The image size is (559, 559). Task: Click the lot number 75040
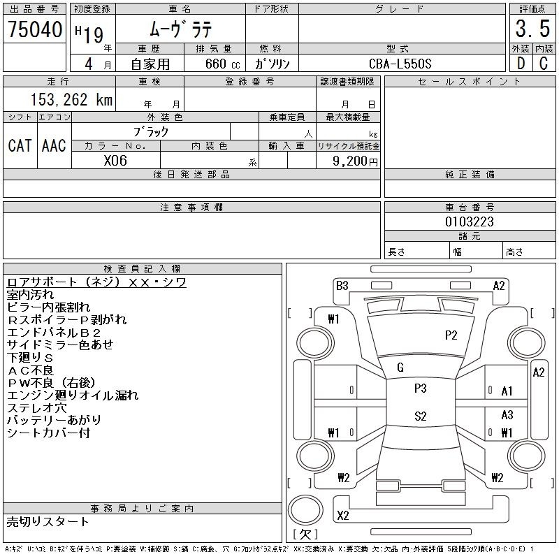(35, 29)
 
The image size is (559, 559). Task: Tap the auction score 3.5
(532, 29)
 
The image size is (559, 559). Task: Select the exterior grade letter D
(521, 63)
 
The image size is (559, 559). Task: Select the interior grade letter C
(544, 63)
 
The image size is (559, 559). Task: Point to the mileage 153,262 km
(72, 100)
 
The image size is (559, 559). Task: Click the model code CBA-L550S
(400, 64)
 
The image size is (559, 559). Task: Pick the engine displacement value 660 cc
(222, 64)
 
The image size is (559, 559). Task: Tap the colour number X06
(115, 161)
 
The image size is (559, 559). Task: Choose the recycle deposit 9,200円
(355, 161)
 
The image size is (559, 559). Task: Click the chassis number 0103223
(469, 222)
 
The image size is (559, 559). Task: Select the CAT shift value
(20, 145)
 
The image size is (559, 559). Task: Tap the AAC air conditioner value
(54, 145)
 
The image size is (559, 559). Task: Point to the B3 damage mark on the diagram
(342, 286)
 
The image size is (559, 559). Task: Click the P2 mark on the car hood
(451, 335)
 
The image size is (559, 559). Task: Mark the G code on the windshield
(400, 368)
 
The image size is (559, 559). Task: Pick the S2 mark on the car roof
(421, 416)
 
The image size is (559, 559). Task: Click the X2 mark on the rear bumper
(343, 515)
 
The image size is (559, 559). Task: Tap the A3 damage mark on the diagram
(507, 414)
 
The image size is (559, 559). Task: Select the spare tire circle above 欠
(305, 510)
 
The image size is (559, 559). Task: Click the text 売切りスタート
(48, 522)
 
